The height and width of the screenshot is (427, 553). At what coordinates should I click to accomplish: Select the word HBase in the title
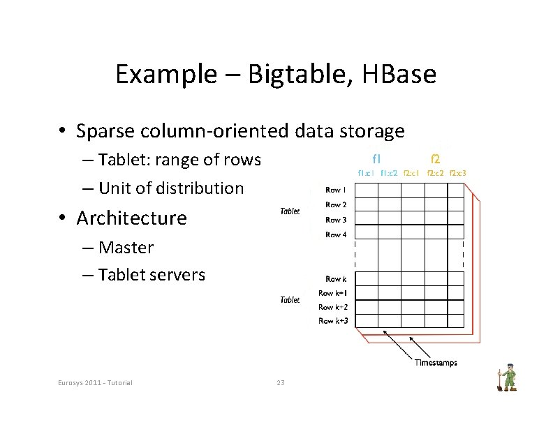pyautogui.click(x=399, y=74)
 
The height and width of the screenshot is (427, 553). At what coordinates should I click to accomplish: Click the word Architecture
pyautogui.click(x=132, y=218)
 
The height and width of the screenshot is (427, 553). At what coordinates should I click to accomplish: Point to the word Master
pyautogui.click(x=126, y=248)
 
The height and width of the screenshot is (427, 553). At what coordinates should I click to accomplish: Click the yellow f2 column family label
pyautogui.click(x=435, y=158)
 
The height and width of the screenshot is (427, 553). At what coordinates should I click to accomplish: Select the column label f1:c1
pyautogui.click(x=367, y=173)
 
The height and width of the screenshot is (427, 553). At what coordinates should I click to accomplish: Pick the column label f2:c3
pyautogui.click(x=458, y=173)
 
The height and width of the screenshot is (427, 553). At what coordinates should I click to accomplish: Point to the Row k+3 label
pyautogui.click(x=333, y=321)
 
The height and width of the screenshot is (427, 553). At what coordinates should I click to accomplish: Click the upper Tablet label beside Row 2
pyautogui.click(x=290, y=211)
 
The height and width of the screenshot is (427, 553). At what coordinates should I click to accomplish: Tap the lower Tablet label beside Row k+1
pyautogui.click(x=290, y=300)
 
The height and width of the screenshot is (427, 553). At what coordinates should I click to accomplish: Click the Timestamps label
pyautogui.click(x=436, y=362)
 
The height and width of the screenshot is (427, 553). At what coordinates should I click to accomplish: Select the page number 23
pyautogui.click(x=281, y=382)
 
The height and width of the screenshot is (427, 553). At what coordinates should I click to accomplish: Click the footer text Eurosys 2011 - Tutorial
pyautogui.click(x=95, y=382)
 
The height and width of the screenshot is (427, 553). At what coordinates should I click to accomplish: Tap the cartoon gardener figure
pyautogui.click(x=506, y=379)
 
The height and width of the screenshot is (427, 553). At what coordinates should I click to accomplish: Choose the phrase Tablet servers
pyautogui.click(x=152, y=275)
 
